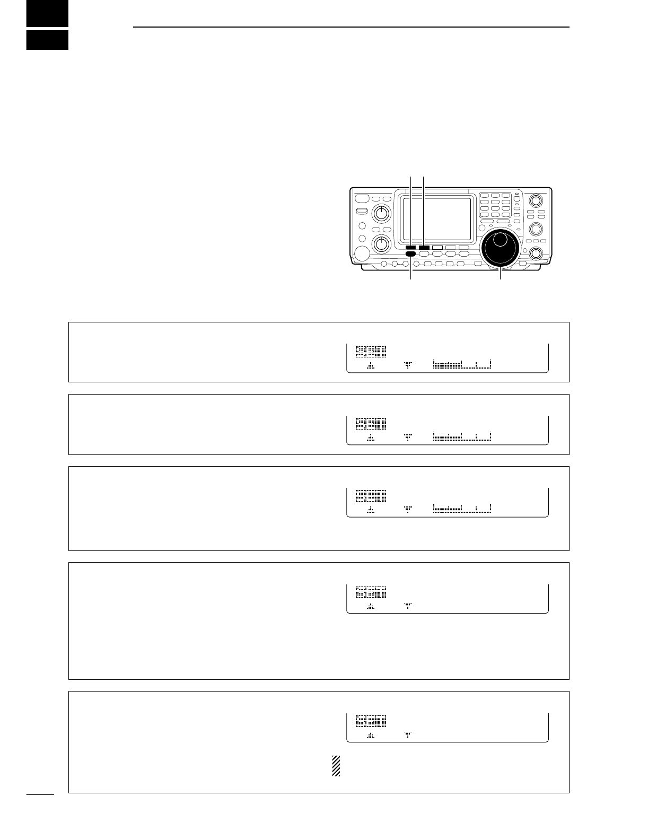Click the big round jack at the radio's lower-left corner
click(362, 255)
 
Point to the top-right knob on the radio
click(536, 201)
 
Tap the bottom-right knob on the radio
click(536, 253)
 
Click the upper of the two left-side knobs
click(380, 214)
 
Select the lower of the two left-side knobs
click(380, 243)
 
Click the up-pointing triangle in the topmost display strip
click(371, 365)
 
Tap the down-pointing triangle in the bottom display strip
click(408, 734)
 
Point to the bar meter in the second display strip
click(462, 437)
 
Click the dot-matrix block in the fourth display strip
click(371, 592)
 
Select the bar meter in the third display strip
click(462, 509)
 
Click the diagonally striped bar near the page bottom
click(335, 766)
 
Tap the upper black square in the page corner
click(47, 13)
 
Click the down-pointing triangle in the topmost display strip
click(408, 365)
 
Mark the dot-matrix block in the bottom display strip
click(371, 721)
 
